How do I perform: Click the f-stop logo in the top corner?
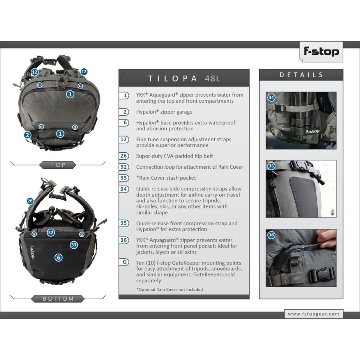(321, 52)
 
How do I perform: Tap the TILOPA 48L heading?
(184, 78)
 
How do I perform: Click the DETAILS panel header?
(301, 75)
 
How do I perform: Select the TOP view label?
(58, 165)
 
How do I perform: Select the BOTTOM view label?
(58, 299)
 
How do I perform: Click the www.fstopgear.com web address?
(313, 314)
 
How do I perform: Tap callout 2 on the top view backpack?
(28, 135)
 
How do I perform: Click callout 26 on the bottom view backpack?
(30, 201)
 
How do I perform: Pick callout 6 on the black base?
(58, 258)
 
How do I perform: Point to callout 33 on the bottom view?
(74, 245)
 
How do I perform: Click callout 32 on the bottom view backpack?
(51, 232)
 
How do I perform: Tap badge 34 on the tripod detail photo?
(271, 98)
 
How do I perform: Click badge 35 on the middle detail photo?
(271, 166)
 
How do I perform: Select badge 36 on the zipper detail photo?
(271, 235)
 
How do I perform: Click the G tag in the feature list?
(124, 262)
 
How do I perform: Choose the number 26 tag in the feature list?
(124, 156)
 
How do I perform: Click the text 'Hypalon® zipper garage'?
(164, 112)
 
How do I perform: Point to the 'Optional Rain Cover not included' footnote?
(170, 290)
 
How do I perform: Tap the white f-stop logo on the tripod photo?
(313, 132)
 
